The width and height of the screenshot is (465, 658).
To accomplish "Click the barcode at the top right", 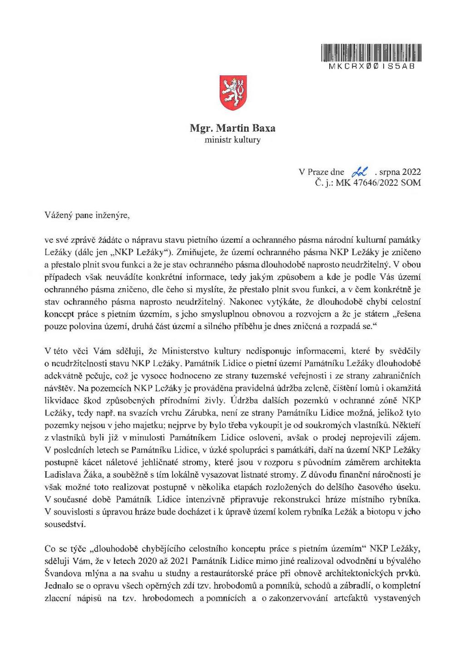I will click(371, 53).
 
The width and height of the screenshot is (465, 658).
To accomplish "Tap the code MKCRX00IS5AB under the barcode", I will click(371, 65).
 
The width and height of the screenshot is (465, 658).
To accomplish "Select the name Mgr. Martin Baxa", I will click(232, 129).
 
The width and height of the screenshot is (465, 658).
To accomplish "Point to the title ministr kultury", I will click(232, 140).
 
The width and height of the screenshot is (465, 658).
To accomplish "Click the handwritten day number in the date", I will click(361, 172).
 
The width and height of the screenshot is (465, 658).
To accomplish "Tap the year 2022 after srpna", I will click(411, 172).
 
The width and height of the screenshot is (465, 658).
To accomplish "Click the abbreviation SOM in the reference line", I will click(411, 183).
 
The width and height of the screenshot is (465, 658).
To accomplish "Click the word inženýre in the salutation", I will click(112, 215).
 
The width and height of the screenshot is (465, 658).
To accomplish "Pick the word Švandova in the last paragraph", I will click(61, 573).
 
